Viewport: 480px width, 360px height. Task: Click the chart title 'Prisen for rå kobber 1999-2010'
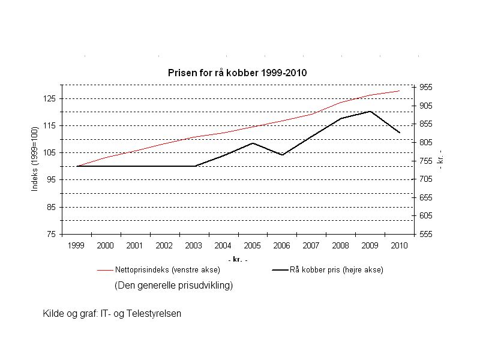(236, 73)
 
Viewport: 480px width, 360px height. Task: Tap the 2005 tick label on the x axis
(252, 245)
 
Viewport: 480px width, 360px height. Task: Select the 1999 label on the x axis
(76, 245)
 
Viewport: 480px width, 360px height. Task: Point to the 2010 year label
(399, 245)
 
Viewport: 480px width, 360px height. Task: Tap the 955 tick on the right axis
(425, 87)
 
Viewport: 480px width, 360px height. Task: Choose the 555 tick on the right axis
(425, 234)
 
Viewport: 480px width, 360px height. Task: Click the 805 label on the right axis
(425, 142)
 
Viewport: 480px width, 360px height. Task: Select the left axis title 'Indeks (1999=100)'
(35, 159)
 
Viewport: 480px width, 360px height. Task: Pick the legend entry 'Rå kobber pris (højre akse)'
(336, 270)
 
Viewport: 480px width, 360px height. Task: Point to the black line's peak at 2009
(370, 112)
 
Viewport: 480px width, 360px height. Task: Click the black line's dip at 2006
(282, 155)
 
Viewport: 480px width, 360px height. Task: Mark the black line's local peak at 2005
(253, 143)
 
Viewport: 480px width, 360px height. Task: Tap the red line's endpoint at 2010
(400, 91)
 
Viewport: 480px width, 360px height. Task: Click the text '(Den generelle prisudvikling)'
(173, 286)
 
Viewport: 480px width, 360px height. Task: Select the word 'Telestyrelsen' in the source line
(154, 313)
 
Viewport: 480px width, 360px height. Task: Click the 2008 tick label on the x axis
(340, 245)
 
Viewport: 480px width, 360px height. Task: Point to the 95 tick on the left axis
(51, 179)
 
